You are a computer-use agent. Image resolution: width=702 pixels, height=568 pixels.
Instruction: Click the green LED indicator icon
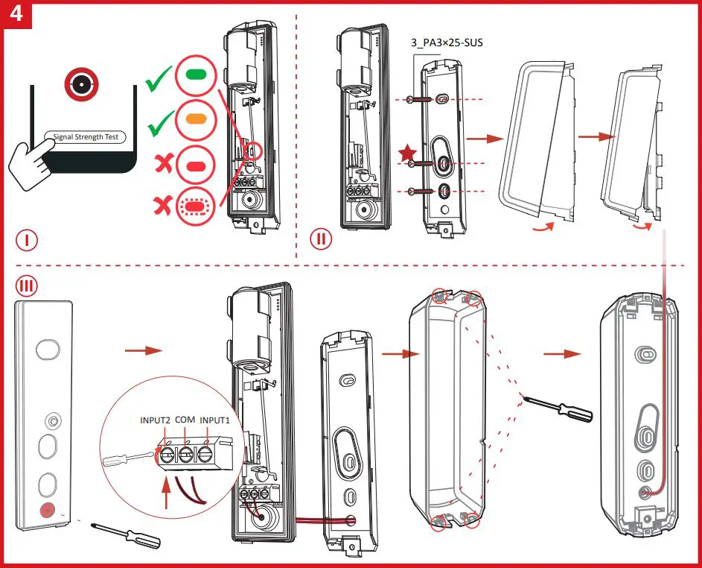click(x=197, y=75)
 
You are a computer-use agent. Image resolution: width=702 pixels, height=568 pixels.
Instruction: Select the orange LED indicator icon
click(x=197, y=118)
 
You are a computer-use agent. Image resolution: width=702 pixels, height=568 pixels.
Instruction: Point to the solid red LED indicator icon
click(x=197, y=161)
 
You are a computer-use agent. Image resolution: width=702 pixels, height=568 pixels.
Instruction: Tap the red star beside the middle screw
click(x=407, y=154)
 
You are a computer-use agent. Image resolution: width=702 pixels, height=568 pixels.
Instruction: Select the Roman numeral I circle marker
click(x=27, y=240)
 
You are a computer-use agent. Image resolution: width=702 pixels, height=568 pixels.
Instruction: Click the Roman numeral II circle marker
click(x=321, y=240)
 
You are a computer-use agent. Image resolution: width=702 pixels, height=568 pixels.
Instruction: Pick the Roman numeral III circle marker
click(x=28, y=285)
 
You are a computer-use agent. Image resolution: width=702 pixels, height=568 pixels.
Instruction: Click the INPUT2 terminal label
click(x=156, y=420)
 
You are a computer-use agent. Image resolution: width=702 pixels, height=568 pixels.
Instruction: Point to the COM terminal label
click(x=187, y=420)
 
